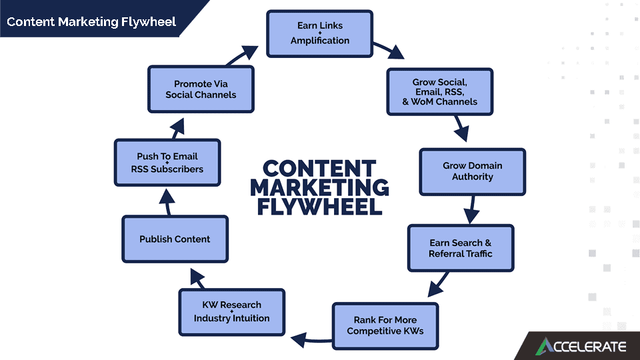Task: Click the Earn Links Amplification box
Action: (319, 33)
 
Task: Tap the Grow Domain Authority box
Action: (472, 171)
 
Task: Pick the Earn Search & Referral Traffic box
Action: (461, 248)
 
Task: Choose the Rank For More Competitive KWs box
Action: (385, 325)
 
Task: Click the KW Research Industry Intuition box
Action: (231, 312)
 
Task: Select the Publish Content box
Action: (175, 239)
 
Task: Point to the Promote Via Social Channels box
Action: (201, 89)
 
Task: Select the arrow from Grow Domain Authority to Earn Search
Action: (472, 209)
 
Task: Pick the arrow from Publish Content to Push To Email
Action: (167, 204)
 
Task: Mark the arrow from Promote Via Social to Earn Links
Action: (243, 55)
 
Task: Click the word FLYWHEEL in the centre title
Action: (320, 205)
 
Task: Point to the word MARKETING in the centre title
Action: (320, 187)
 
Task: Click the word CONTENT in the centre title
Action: (319, 168)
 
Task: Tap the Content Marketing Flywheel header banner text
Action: (91, 21)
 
